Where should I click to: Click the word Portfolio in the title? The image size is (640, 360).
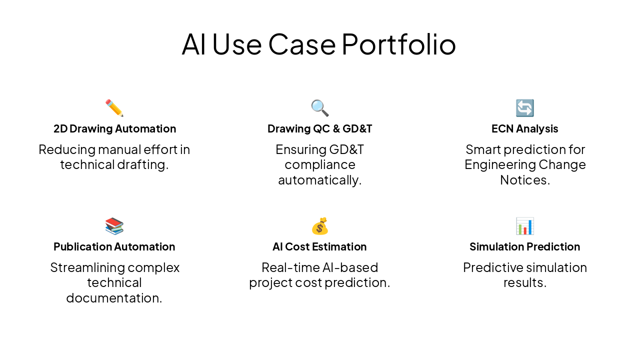coord(398,44)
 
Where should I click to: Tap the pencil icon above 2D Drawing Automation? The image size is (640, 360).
coord(114,108)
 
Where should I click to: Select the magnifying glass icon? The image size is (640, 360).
coord(319,108)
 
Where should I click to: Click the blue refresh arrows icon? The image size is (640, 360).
coord(524,108)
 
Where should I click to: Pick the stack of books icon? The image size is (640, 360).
coord(114,226)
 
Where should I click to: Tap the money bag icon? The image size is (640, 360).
coord(319,226)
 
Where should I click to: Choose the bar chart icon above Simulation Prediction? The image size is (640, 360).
coord(524,226)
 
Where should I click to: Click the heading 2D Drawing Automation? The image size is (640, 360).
coord(114,128)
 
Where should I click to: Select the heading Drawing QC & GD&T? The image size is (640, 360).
coord(319,128)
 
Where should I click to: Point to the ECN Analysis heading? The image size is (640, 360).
coord(524,128)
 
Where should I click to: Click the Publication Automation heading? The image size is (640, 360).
coord(114,246)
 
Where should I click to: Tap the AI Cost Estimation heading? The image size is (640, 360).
coord(319,246)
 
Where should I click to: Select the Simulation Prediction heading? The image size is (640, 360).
coord(524,246)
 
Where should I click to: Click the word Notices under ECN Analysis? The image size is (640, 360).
coord(524,180)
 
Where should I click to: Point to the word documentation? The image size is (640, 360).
coord(114,298)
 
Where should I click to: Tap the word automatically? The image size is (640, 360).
coord(319,180)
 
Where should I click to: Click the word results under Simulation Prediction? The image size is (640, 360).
coord(524,283)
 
